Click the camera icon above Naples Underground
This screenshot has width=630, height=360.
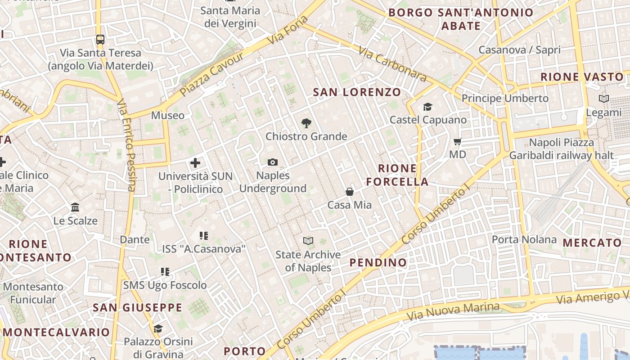point(272,162)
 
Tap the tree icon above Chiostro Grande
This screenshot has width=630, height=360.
point(306,123)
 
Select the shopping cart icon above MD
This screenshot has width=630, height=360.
point(458,142)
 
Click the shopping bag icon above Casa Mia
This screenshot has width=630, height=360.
point(350,192)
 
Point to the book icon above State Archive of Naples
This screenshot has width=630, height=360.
point(308,241)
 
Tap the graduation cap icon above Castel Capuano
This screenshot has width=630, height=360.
point(427,107)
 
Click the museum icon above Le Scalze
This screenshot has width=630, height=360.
point(75,207)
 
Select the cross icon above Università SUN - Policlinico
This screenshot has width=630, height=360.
point(195,163)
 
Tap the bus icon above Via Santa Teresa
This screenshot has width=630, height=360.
point(100,40)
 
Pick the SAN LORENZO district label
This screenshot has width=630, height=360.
point(357,92)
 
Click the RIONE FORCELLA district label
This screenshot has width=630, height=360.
point(397,175)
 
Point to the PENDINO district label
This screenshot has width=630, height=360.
point(378,262)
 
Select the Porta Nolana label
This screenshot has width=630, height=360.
point(524,239)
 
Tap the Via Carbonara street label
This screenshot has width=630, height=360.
point(393,63)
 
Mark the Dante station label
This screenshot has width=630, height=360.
point(135,239)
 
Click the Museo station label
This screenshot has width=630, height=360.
point(167,116)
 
